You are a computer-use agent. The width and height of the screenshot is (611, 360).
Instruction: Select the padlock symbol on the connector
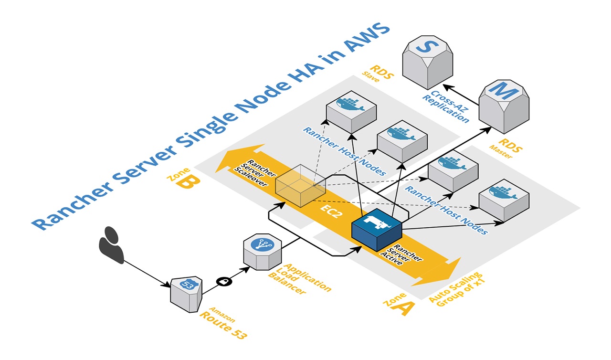click(x=223, y=282)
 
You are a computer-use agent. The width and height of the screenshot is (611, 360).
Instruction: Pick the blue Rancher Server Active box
click(x=377, y=230)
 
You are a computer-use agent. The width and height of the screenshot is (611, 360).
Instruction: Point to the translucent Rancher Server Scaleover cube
click(x=300, y=185)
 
